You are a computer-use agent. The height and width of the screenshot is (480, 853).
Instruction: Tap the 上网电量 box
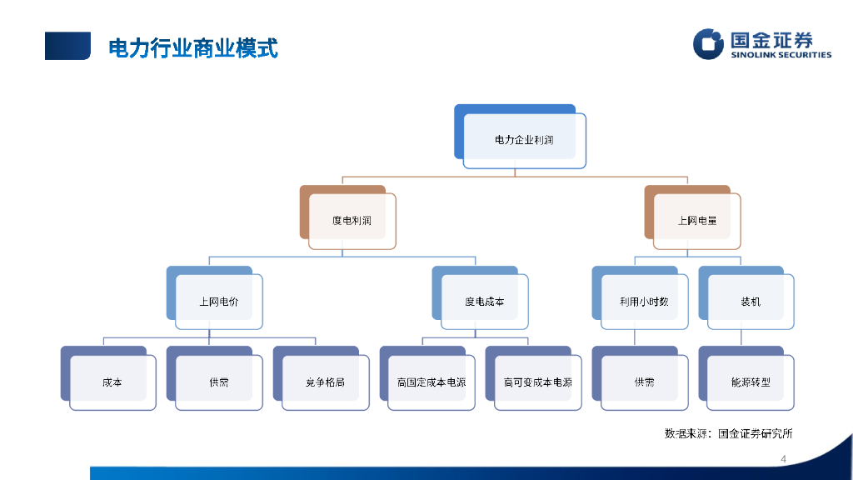pos(697,221)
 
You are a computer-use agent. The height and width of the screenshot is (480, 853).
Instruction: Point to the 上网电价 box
pos(218,302)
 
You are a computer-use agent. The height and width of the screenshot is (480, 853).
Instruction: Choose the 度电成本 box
pos(484,302)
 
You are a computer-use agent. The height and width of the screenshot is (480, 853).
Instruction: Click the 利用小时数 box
pos(644,302)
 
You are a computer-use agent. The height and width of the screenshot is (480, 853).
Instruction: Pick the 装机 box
pos(750,302)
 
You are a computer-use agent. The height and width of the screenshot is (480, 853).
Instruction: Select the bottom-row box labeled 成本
pos(112,382)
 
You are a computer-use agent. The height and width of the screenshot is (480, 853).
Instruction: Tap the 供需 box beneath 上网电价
pos(218,382)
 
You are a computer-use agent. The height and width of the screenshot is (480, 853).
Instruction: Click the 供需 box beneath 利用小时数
pos(644,382)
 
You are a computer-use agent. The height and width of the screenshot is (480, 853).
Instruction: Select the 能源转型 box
pos(750,382)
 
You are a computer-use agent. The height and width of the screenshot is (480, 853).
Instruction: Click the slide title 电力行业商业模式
pos(193,48)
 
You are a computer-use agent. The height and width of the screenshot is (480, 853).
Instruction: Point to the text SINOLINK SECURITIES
pos(781,56)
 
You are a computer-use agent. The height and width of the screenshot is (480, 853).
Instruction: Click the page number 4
pos(783,459)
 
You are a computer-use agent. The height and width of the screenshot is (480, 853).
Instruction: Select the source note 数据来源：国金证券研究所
pos(728,433)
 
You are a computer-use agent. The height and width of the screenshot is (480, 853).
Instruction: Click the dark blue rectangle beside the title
pos(67,46)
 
